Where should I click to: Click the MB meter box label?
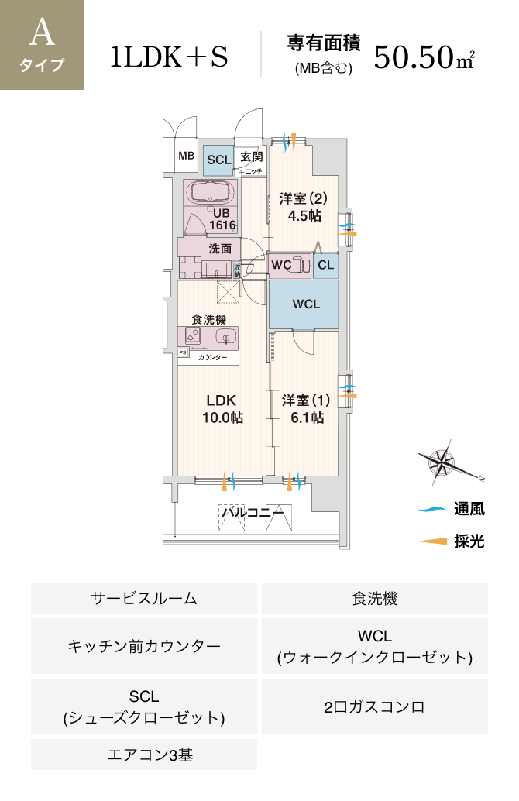coord(186,156)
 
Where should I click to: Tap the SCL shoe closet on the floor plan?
coord(219,160)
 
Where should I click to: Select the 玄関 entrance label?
coord(252,156)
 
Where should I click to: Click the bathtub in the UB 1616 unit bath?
coord(211,193)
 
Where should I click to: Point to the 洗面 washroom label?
coord(220,249)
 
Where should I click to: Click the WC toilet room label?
coord(281,265)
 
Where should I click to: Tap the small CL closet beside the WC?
coord(325,266)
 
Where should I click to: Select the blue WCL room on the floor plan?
coord(304,304)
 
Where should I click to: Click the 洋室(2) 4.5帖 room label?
coord(304,207)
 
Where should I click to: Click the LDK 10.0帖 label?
coord(222,409)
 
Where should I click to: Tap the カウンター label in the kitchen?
coord(212,358)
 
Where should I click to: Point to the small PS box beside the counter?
coord(183,352)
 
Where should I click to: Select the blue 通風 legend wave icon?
coord(431,509)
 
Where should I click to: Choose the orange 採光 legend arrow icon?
coord(432,541)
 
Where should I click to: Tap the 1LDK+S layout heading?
coord(169,57)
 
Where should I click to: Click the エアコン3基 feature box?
coord(144,755)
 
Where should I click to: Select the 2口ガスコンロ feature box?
coord(375,706)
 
